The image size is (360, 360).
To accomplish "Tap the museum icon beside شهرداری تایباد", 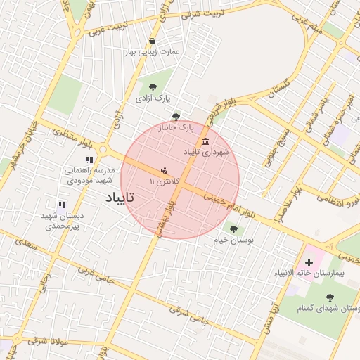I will (205, 142).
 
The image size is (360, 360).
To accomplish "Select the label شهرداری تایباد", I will (206, 152).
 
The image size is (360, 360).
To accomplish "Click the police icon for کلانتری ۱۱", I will (165, 171).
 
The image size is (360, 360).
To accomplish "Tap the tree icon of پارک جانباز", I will (176, 117).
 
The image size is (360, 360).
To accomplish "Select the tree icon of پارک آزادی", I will (153, 87).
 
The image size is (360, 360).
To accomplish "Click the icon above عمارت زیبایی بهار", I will (153, 41).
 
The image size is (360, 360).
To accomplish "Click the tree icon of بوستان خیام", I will (233, 229).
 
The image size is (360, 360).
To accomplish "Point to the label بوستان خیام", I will (233, 240).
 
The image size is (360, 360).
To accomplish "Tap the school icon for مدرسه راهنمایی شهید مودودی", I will (89, 160).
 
